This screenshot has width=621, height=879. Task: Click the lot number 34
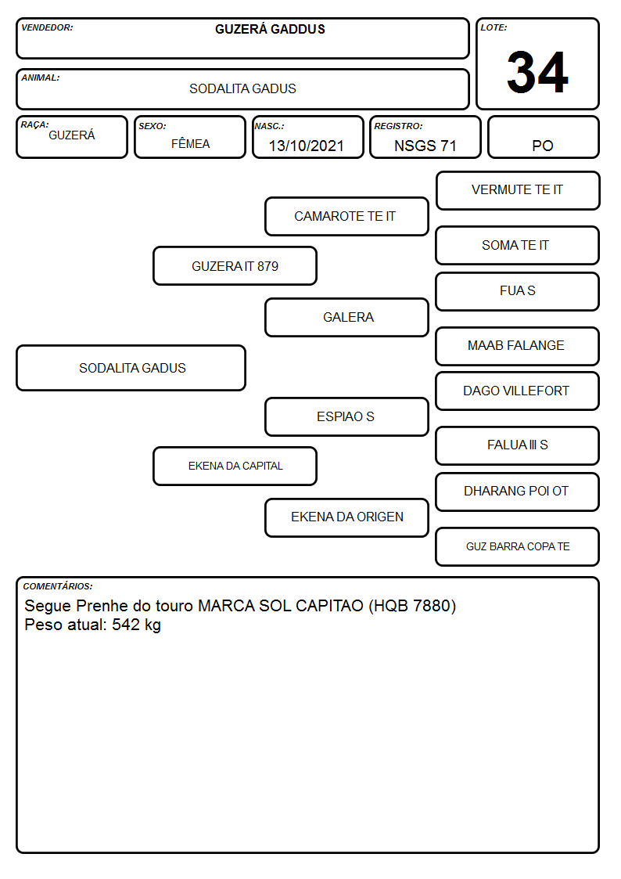point(537,72)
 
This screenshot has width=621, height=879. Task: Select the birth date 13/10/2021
point(307,146)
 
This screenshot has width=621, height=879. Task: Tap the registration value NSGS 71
point(425,146)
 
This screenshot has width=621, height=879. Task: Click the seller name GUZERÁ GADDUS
point(270,29)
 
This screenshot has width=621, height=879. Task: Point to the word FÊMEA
point(190,143)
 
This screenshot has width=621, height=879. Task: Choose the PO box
point(544,137)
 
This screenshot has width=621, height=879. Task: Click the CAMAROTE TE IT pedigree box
point(346,216)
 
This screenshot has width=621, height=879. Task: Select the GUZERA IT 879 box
point(235,265)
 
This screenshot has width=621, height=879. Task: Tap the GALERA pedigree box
point(346,317)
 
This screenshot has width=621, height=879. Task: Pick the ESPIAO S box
point(346,416)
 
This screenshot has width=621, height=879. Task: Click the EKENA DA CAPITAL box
point(235,466)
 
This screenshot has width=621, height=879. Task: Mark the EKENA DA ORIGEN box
point(346,517)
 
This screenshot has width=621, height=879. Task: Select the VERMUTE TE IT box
point(518,191)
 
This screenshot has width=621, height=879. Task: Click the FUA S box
point(518,291)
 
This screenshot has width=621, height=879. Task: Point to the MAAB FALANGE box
point(518,346)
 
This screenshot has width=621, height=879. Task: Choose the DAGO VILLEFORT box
point(518,391)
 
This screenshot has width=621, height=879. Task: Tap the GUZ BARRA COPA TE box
point(518,546)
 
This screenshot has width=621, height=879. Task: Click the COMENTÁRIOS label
point(58,586)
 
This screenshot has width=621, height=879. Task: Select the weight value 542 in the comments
point(126,625)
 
